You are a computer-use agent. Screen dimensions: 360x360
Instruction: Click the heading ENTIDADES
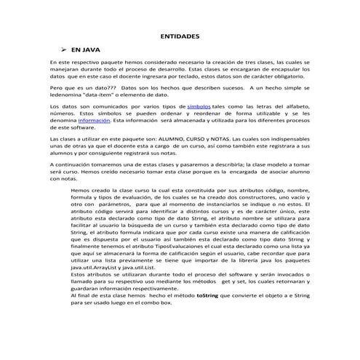[x=180, y=35]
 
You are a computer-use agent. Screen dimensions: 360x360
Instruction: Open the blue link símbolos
[x=199, y=106]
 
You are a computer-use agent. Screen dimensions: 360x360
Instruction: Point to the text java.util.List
[x=151, y=267]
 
